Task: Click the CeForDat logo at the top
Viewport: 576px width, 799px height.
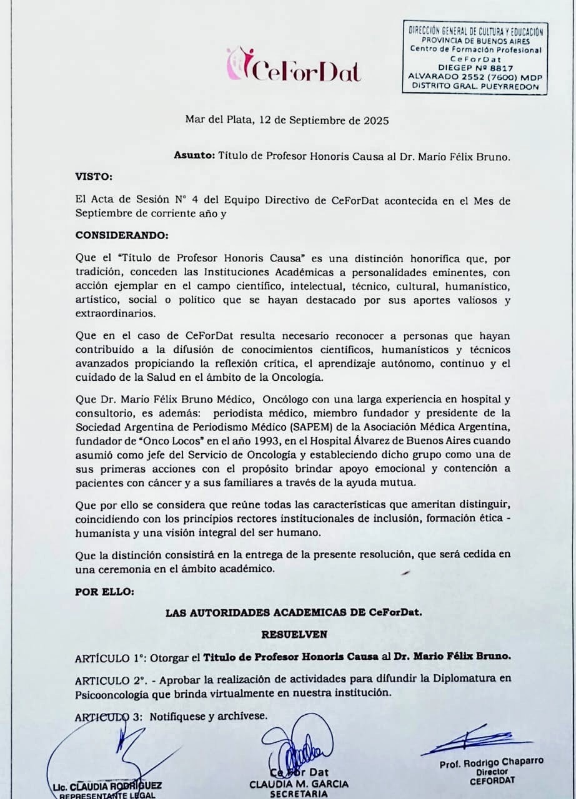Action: tap(294, 66)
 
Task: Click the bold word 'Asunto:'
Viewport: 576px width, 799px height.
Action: tap(194, 156)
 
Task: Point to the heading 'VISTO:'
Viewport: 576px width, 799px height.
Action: tap(94, 177)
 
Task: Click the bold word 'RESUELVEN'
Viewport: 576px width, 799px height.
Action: tap(293, 634)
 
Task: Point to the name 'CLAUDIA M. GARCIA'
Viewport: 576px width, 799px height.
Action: tap(299, 783)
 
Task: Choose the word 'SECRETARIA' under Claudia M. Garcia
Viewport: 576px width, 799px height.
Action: tap(299, 794)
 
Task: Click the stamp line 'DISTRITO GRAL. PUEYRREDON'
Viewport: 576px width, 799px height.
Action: tap(474, 87)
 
